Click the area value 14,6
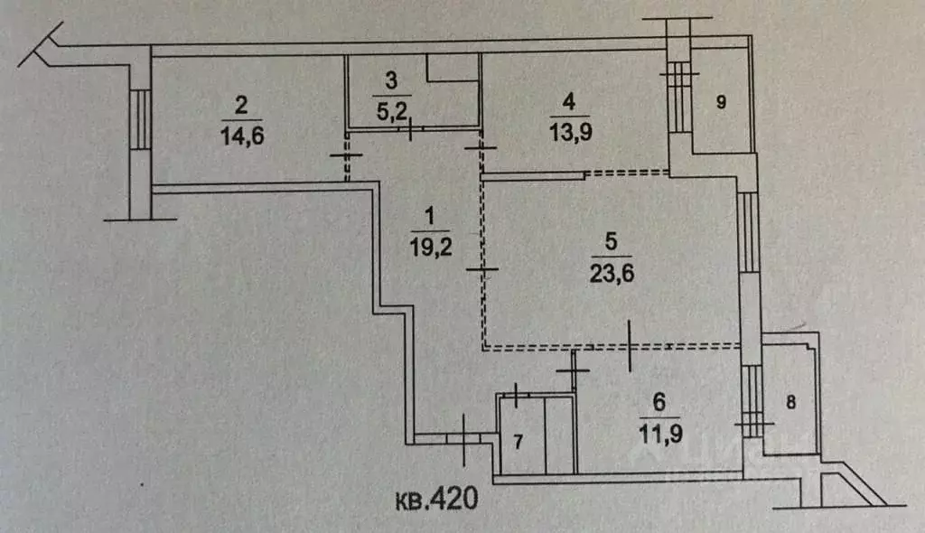242,136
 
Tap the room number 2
240,105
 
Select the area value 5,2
392,110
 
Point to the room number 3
391,80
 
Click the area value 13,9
570,132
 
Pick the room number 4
569,101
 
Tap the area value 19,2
431,247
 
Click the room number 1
429,215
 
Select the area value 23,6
612,274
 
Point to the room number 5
611,241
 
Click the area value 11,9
660,435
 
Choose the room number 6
659,403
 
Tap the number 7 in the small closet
518,442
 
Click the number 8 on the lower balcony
791,403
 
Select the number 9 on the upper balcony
721,102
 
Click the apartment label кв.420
436,500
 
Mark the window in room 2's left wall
140,120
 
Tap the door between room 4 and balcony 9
679,98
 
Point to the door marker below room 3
410,128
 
